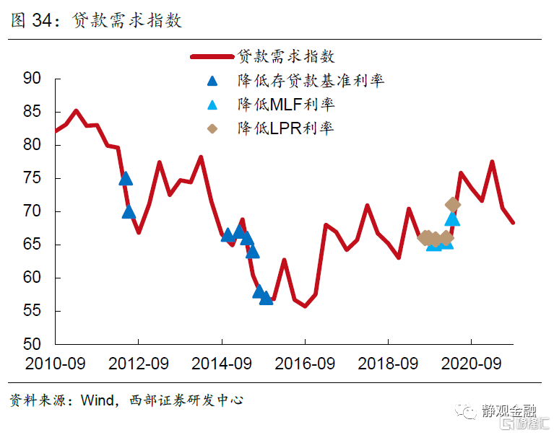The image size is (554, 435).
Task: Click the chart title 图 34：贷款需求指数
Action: [x=96, y=20]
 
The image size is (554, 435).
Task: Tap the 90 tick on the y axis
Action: [x=32, y=78]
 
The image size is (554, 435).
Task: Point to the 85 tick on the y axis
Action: [x=32, y=112]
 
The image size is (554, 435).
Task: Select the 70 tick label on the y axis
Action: [x=32, y=211]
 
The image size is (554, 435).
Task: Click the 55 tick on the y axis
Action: [x=32, y=311]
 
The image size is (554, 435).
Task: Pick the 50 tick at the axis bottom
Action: [x=32, y=344]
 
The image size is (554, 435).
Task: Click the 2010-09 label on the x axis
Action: [x=55, y=363]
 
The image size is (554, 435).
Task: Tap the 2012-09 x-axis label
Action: [x=138, y=363]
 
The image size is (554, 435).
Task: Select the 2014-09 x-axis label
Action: [x=221, y=363]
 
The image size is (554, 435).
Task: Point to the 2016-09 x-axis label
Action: [x=304, y=363]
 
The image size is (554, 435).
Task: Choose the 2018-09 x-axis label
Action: [x=387, y=363]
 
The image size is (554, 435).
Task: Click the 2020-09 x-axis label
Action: [x=471, y=363]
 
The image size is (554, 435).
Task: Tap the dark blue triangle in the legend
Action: [x=212, y=81]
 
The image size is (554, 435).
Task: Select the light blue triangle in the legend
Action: [x=212, y=105]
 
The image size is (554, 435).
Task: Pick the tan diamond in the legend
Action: [x=212, y=128]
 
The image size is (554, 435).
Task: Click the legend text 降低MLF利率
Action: [x=286, y=105]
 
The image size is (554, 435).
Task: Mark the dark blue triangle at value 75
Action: [x=126, y=178]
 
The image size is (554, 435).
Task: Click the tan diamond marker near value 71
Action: [x=453, y=204]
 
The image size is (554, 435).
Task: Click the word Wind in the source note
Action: [x=93, y=399]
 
